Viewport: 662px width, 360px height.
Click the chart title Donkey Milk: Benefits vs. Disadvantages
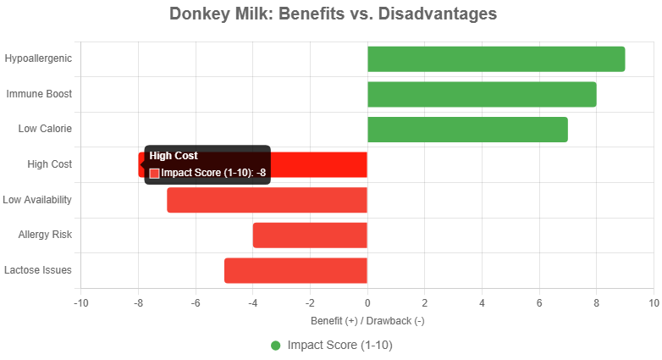click(x=333, y=14)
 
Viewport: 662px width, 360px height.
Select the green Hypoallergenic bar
click(x=496, y=59)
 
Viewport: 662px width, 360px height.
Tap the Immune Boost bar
click(x=482, y=94)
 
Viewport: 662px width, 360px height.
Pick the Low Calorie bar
click(x=467, y=130)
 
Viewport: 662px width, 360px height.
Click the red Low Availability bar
click(x=267, y=200)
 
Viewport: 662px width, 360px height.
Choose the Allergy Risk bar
click(x=310, y=235)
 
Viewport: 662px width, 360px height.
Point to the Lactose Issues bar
click(x=295, y=270)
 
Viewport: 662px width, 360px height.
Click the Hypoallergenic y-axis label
click(x=38, y=58)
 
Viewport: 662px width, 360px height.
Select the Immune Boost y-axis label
click(x=39, y=94)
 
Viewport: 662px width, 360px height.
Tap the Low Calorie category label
click(x=45, y=129)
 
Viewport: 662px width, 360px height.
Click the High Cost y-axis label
click(x=49, y=164)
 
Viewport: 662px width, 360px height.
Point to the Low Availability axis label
click(x=36, y=200)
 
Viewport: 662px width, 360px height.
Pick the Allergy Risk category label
click(x=45, y=235)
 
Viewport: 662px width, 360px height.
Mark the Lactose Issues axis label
click(x=38, y=270)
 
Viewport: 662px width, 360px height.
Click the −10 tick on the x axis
click(x=81, y=302)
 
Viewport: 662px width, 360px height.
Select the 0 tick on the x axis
click(x=367, y=302)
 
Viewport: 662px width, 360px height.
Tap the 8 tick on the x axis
click(x=596, y=302)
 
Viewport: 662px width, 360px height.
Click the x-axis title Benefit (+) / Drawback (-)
click(x=367, y=321)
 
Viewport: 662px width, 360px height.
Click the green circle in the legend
click(x=276, y=346)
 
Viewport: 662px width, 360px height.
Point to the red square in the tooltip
click(x=154, y=173)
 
